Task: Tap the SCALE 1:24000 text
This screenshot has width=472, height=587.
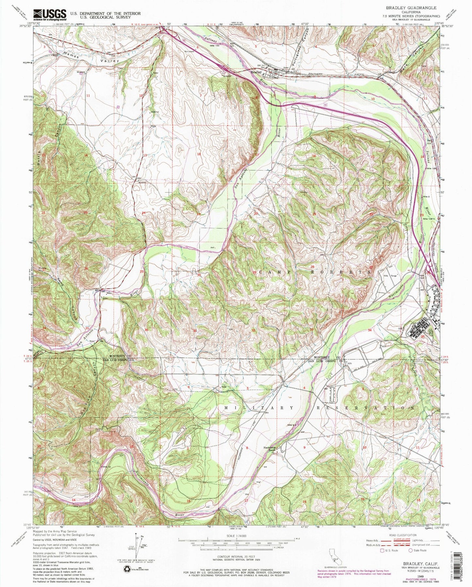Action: pos(237,536)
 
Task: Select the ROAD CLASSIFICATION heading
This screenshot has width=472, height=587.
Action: pos(403,535)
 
